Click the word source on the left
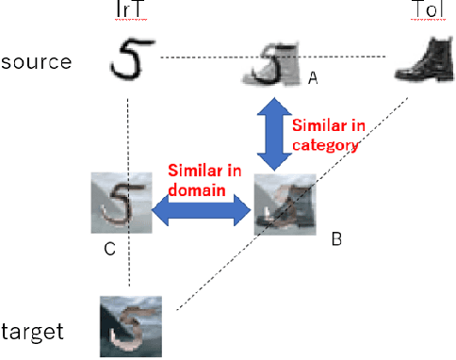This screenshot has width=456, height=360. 37,63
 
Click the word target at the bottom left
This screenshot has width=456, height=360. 33,331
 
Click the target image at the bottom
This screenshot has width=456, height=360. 131,326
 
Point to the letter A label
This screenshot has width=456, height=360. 313,81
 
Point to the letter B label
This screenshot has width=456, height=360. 334,239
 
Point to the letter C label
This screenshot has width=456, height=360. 109,251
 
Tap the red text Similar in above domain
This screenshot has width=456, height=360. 202,172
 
